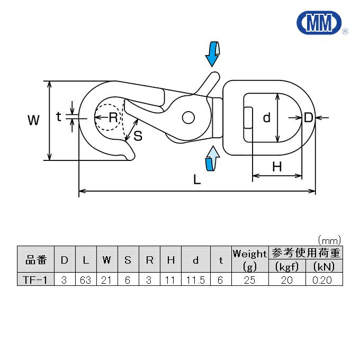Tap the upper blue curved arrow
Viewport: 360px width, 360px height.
pos(213,52)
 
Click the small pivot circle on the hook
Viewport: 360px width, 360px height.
pos(188,117)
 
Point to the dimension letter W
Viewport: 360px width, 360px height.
pos(34,121)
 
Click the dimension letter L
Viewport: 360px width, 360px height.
pos(197,180)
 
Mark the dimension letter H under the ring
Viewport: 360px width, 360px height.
pos(277,167)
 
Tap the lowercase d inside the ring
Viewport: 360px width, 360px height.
pos(267,118)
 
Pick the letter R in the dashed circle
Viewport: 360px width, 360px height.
pos(112,118)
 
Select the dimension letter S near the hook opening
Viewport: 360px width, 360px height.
pos(138,136)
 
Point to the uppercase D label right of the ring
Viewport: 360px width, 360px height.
pos(309,118)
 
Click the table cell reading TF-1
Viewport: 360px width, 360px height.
pos(35,280)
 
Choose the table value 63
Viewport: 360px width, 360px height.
pos(86,280)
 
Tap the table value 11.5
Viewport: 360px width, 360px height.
pos(195,280)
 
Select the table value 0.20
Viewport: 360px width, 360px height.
pos(322,280)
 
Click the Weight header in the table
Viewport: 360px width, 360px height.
pos(249,254)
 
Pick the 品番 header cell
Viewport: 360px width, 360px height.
pos(35,260)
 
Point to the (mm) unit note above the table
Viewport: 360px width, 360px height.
pos(329,240)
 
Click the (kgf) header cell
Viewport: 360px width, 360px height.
pos(287,266)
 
